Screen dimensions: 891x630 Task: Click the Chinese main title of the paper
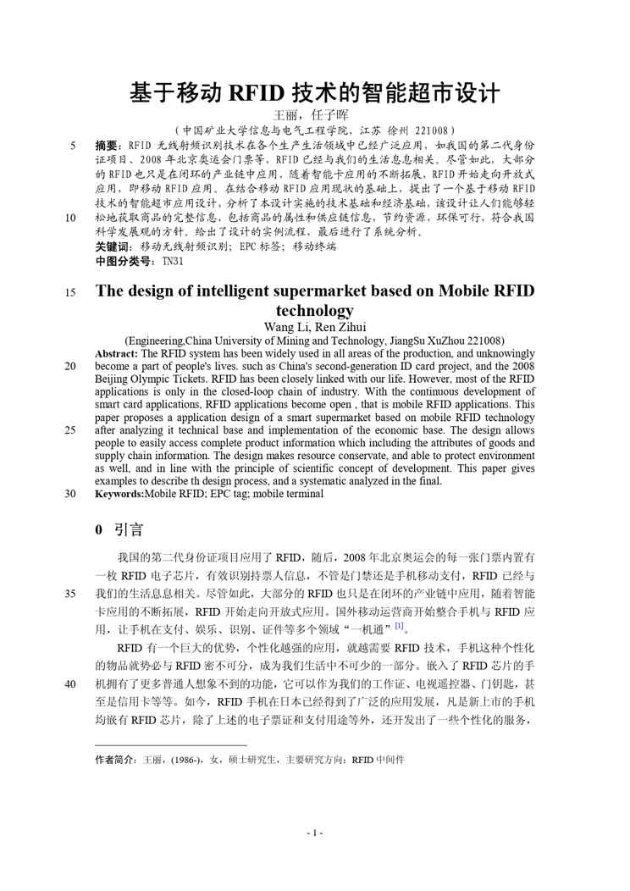(x=314, y=91)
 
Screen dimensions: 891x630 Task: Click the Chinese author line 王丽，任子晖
(x=314, y=114)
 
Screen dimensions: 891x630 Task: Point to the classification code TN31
(x=172, y=262)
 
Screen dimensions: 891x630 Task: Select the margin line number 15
(x=70, y=292)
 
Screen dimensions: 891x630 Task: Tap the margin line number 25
(x=70, y=429)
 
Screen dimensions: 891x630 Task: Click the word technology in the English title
(x=314, y=311)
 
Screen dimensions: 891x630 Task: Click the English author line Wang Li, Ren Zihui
(x=314, y=327)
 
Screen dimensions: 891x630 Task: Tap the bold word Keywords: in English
(x=119, y=493)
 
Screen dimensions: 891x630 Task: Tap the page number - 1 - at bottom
(x=314, y=833)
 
